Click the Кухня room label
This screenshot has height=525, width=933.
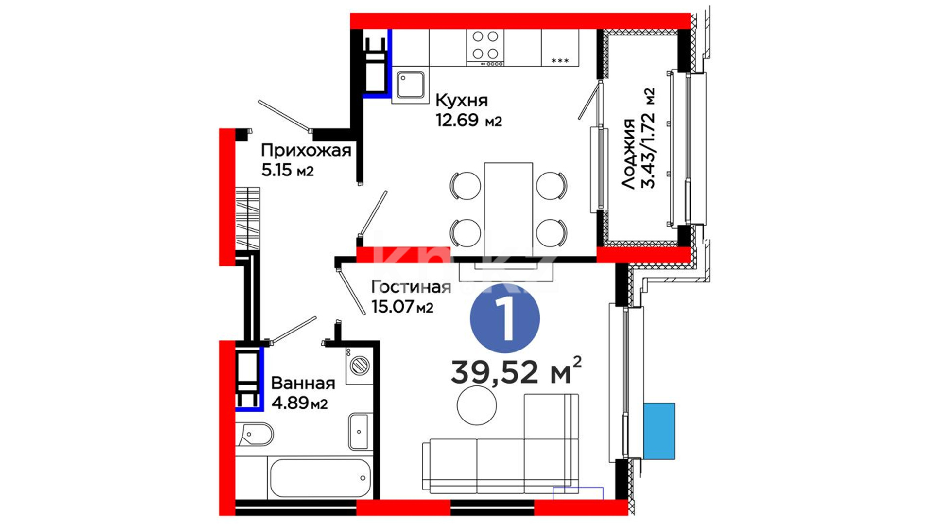461,101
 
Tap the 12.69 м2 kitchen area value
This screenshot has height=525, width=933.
468,120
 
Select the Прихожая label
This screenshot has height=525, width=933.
306,151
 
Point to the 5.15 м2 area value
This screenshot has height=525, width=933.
287,170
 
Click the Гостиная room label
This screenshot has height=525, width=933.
411,287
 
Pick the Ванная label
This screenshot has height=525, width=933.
303,383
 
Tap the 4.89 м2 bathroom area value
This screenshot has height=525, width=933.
299,403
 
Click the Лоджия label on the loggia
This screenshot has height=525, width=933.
628,154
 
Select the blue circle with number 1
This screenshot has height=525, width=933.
505,318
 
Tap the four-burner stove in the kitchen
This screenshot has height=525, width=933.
485,48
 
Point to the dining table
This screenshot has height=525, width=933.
508,206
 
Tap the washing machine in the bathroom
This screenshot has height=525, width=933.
360,365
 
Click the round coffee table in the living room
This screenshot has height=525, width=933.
477,405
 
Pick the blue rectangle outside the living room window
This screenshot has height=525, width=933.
659,431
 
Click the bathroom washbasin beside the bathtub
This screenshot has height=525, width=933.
359,432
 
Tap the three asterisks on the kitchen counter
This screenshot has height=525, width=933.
560,61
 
